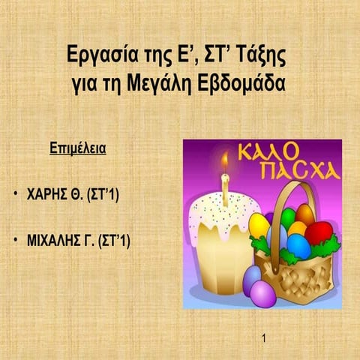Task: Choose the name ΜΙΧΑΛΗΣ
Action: pyautogui.click(x=54, y=241)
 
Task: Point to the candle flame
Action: pyautogui.click(x=223, y=162)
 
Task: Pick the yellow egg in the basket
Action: pyautogui.click(x=259, y=224)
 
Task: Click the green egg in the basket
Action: pyautogui.click(x=288, y=217)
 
